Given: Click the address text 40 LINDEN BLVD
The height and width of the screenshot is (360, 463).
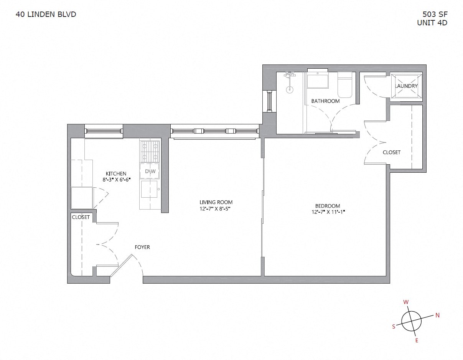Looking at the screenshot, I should click(x=46, y=15).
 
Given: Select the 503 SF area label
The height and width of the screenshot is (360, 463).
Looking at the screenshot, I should click(x=435, y=15).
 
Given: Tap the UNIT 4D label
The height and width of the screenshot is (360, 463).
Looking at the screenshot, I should click(x=432, y=23).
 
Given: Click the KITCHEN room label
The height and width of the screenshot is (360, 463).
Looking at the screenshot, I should click(x=116, y=174).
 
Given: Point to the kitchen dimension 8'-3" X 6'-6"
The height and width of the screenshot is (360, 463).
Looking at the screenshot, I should click(x=116, y=180).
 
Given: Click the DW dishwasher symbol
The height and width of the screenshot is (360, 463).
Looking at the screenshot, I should click(x=150, y=171).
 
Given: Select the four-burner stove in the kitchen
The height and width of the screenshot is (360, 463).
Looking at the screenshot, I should click(x=150, y=152).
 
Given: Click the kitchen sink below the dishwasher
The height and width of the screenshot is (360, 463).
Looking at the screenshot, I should click(x=149, y=189).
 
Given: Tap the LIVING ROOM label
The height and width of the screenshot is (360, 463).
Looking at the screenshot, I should click(x=216, y=202).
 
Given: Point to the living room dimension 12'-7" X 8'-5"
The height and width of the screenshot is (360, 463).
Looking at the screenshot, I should click(x=216, y=209).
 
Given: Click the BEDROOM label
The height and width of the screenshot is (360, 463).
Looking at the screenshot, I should click(x=325, y=206).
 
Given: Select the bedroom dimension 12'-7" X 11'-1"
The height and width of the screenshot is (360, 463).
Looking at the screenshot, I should click(x=325, y=212).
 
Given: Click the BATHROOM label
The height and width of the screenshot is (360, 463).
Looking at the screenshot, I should click(x=325, y=101).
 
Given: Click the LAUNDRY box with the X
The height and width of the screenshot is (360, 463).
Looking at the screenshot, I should click(x=406, y=86).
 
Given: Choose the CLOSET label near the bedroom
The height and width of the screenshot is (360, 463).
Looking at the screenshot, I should click(x=391, y=152).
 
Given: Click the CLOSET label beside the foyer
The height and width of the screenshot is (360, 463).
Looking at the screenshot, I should click(x=81, y=217).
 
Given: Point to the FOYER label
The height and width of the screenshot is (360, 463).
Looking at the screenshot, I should click(x=142, y=247).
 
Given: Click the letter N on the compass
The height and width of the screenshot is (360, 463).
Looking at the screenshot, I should click(x=437, y=315).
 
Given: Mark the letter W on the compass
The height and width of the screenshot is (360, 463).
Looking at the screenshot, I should click(x=405, y=302).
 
